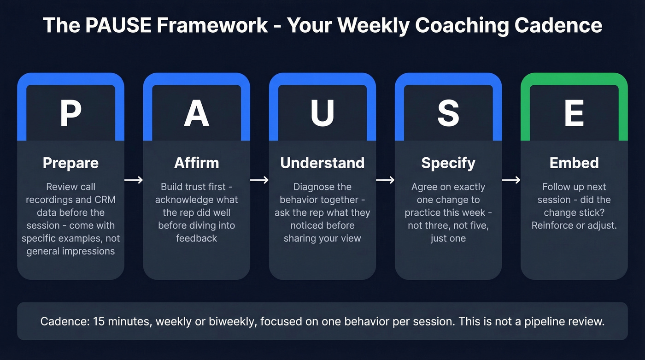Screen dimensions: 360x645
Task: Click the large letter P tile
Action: pyautogui.click(x=70, y=113)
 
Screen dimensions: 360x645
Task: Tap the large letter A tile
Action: pyautogui.click(x=196, y=113)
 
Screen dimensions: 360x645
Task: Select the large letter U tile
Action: pyautogui.click(x=322, y=113)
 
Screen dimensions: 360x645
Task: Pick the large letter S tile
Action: pyautogui.click(x=448, y=113)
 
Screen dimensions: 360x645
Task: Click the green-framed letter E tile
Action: pyautogui.click(x=574, y=113)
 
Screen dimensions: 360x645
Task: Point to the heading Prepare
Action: pyautogui.click(x=70, y=163)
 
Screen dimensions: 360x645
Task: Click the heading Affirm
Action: pyautogui.click(x=196, y=163)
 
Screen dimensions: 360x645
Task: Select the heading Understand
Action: pyautogui.click(x=322, y=163)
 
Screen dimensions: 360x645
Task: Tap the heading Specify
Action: pyautogui.click(x=448, y=163)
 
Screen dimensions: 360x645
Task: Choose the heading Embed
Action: pyautogui.click(x=574, y=163)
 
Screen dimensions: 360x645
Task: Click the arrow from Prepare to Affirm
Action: pyautogui.click(x=134, y=180)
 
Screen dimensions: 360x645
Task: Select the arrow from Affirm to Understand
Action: pyautogui.click(x=259, y=180)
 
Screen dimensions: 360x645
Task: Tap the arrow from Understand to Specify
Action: pyautogui.click(x=385, y=180)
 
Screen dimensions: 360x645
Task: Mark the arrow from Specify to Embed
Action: pyautogui.click(x=511, y=180)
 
